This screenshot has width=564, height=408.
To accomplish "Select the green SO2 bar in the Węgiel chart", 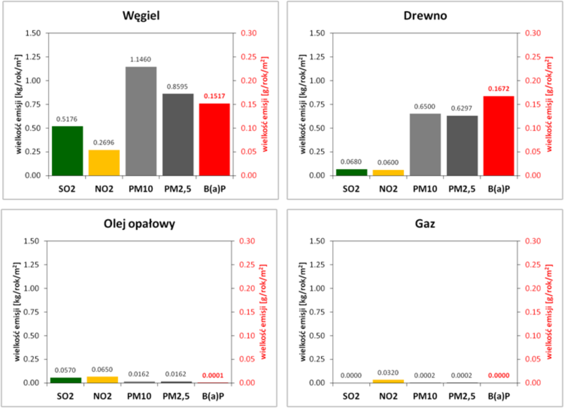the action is tap(67, 151).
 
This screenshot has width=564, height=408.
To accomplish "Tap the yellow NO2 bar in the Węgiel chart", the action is tap(104, 163).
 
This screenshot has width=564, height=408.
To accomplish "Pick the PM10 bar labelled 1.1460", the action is tap(141, 121).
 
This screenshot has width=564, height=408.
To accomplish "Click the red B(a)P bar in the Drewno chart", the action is tap(498, 136).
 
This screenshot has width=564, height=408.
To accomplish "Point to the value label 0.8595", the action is tap(177, 86).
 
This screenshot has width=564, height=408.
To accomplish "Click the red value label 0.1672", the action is tap(498, 89).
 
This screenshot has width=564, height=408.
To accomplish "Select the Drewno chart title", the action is tap(425, 16).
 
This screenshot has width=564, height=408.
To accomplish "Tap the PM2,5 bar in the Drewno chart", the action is tap(462, 146).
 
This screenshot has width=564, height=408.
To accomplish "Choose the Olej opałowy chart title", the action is tap(139, 224).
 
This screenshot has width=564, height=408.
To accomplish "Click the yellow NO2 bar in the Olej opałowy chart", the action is tap(102, 380).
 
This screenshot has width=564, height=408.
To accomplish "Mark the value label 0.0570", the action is tap(65, 370).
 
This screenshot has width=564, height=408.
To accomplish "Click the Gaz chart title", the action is tap(425, 224).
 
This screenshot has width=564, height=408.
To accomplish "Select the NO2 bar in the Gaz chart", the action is tap(388, 381).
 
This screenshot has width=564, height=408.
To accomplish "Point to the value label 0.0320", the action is tap(388, 373).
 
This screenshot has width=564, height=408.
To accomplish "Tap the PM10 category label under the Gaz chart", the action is tap(425, 396).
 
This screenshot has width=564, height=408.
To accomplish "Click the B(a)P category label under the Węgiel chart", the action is tap(215, 189).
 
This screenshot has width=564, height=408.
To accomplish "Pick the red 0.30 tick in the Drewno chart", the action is tap(533, 33).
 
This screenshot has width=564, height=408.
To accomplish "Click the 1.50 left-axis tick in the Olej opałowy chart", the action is tap(31, 241).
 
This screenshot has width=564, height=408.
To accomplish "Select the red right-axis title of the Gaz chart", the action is tap(549, 312).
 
